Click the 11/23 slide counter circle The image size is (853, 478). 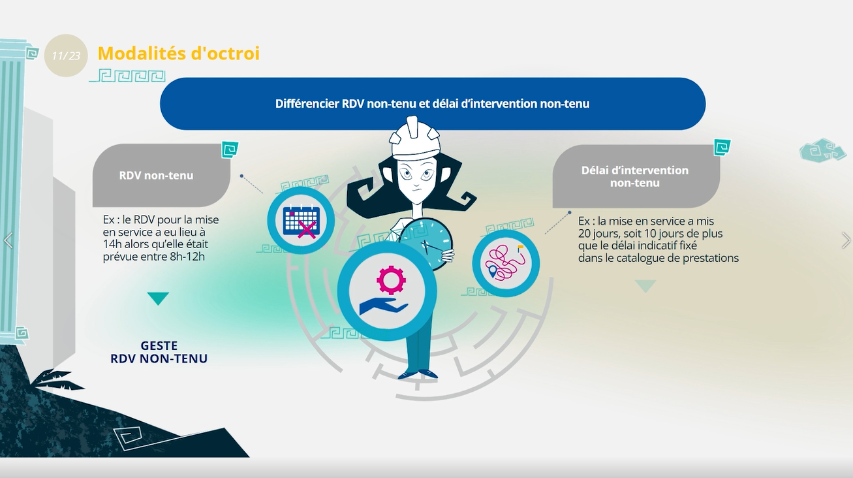pos(66,56)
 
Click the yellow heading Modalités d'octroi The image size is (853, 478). pos(179,54)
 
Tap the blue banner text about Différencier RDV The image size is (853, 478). pos(432,104)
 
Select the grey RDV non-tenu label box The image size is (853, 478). pos(161,175)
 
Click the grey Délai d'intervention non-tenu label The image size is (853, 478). pos(636,176)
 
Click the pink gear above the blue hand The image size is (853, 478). pos(391,280)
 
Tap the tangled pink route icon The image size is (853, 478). pos(506,263)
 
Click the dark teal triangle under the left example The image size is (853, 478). pos(158,298)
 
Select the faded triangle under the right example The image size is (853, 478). pos(645,286)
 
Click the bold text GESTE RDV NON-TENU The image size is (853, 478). pos(159,352)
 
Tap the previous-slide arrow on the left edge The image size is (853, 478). pos(8,240)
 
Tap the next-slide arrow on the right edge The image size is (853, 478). pos(846,240)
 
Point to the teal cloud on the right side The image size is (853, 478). pos(822,150)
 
